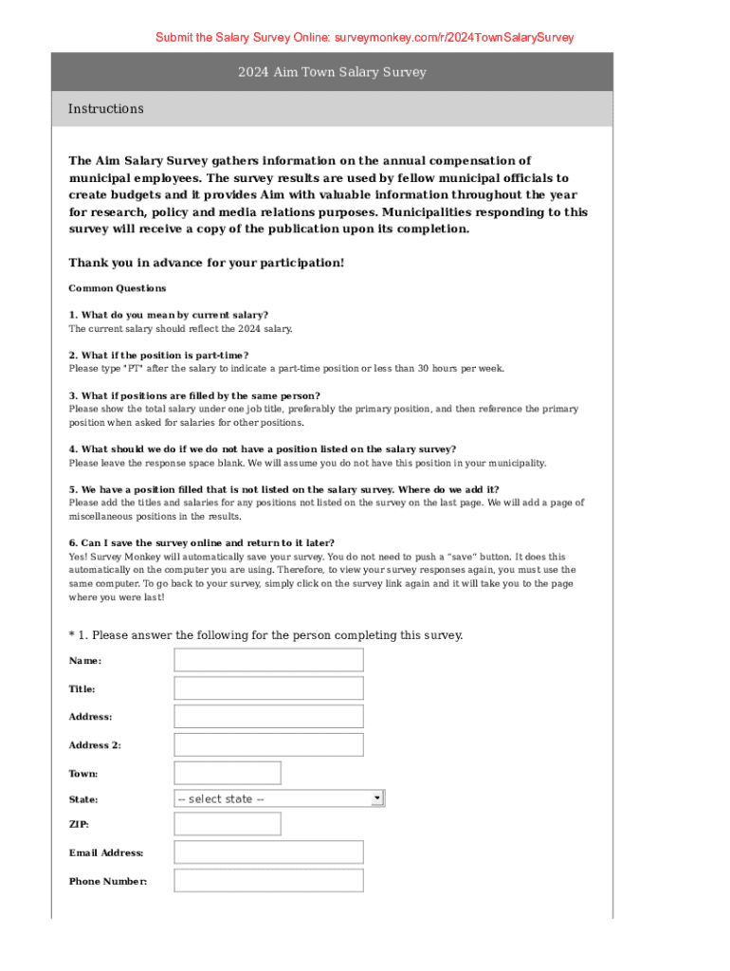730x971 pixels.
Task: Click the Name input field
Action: tap(268, 660)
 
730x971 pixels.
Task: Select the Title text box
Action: tap(268, 688)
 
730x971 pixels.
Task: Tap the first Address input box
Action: tap(268, 716)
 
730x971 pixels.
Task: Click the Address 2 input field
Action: tap(268, 744)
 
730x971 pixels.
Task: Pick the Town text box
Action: tap(228, 773)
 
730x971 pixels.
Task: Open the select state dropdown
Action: tap(278, 798)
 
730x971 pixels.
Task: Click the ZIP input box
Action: tap(213, 824)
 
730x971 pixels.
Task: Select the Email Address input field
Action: tap(268, 852)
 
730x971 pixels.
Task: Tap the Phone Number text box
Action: tap(268, 881)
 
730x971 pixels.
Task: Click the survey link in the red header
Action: tap(454, 38)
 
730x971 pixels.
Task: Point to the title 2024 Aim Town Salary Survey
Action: tap(332, 72)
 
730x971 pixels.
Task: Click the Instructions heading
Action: tap(106, 109)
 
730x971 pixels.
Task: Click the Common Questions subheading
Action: tap(118, 288)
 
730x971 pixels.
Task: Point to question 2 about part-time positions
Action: tap(158, 355)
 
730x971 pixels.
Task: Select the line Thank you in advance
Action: tap(207, 263)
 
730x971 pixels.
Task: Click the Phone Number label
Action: tap(108, 882)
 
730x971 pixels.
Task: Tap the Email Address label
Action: tap(106, 853)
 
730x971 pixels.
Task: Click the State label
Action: tap(83, 799)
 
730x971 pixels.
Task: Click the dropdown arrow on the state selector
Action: tap(377, 798)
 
